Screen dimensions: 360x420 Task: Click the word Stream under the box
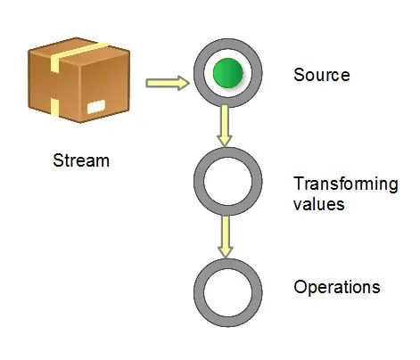pos(81,161)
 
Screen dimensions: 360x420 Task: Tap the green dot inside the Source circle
pos(227,74)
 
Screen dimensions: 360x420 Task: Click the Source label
pos(321,75)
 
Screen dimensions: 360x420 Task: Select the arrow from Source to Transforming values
pos(226,126)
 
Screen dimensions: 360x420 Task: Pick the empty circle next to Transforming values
pos(227,182)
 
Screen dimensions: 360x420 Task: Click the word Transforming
pos(345,184)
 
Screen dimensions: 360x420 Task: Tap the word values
pos(318,204)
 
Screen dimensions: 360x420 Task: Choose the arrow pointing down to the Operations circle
pos(226,237)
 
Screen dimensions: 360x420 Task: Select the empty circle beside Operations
pos(227,292)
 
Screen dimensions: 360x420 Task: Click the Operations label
pos(336,288)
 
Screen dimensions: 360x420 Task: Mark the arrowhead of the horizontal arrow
pos(184,84)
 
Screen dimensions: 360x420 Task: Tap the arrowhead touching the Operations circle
pos(226,251)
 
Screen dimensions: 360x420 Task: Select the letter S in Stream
pos(58,161)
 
